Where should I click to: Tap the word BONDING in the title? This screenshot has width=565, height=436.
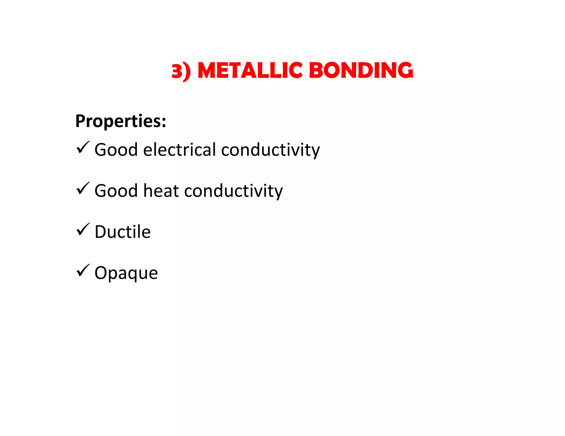361,70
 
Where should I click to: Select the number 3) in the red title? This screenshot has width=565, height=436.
181,71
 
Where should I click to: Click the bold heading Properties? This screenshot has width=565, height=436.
121,121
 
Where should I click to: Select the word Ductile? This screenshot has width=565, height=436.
122,232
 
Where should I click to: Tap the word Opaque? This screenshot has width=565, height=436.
126,273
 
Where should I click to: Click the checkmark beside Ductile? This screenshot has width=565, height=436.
83,230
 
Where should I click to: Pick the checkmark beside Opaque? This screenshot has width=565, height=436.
83,270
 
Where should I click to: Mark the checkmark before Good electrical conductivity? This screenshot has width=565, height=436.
83,147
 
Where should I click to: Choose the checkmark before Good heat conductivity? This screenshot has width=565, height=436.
83,189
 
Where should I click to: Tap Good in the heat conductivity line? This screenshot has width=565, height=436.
116,191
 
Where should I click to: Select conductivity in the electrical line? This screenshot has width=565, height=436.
270,150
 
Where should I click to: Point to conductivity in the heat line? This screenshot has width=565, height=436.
233,191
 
